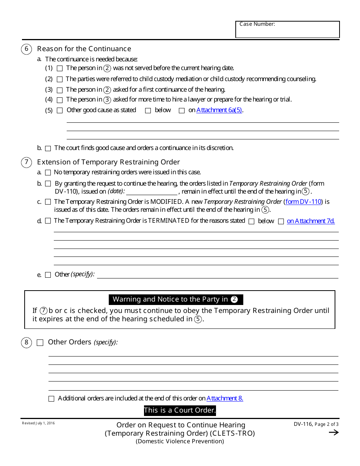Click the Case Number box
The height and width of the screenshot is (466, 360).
(287, 30)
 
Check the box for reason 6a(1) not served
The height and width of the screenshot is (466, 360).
(59, 69)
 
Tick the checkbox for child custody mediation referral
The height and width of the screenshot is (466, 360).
(59, 80)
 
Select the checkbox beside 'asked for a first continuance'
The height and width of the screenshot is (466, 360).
(59, 90)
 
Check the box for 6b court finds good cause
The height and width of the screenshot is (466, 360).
(48, 148)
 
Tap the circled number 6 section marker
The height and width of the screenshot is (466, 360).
(26, 49)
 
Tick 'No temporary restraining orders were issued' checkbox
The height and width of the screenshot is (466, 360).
(48, 172)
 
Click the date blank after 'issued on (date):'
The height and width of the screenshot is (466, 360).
(152, 192)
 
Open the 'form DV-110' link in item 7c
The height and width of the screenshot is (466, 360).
(303, 202)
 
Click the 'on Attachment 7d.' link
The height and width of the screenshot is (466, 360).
(311, 221)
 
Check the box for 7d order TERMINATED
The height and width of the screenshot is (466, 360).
(48, 221)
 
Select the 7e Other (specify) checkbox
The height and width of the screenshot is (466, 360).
(48, 275)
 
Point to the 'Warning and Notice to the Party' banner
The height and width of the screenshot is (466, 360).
(176, 299)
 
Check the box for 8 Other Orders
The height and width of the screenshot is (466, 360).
(40, 343)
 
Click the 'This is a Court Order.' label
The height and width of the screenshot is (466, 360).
(180, 410)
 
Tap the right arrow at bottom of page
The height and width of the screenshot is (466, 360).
(333, 433)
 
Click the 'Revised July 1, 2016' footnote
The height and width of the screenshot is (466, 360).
(38, 423)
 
